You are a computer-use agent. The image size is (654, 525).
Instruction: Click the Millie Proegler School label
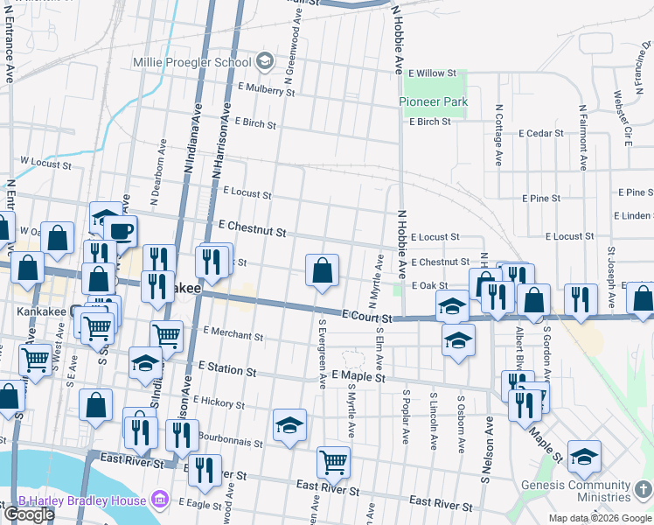pos(191,62)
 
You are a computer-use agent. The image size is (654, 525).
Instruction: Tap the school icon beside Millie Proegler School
pos(265,61)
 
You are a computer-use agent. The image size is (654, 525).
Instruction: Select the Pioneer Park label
pos(434,102)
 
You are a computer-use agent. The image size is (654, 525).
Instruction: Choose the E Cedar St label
pos(541,134)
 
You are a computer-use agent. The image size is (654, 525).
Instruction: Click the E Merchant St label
pos(233,334)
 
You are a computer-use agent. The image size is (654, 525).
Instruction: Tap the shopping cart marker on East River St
pos(333,461)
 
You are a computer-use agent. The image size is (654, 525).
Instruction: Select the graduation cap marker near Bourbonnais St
pos(290,426)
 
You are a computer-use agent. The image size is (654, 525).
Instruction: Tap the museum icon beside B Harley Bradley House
pos(159,500)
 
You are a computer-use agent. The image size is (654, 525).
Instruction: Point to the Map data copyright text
pos(599,518)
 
